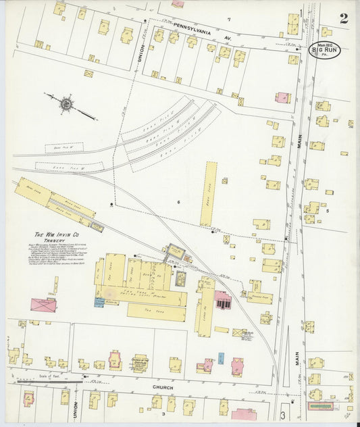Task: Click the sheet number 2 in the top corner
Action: (344, 18)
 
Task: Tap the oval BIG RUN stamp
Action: (325, 49)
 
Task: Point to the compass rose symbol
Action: (66, 104)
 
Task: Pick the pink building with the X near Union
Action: (43, 305)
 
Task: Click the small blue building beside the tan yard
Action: (99, 302)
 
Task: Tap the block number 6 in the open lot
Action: (179, 202)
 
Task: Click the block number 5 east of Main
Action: (328, 211)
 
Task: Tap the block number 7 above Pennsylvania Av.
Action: (229, 19)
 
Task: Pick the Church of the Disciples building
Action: (140, 363)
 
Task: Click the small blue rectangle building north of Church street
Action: (220, 358)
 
